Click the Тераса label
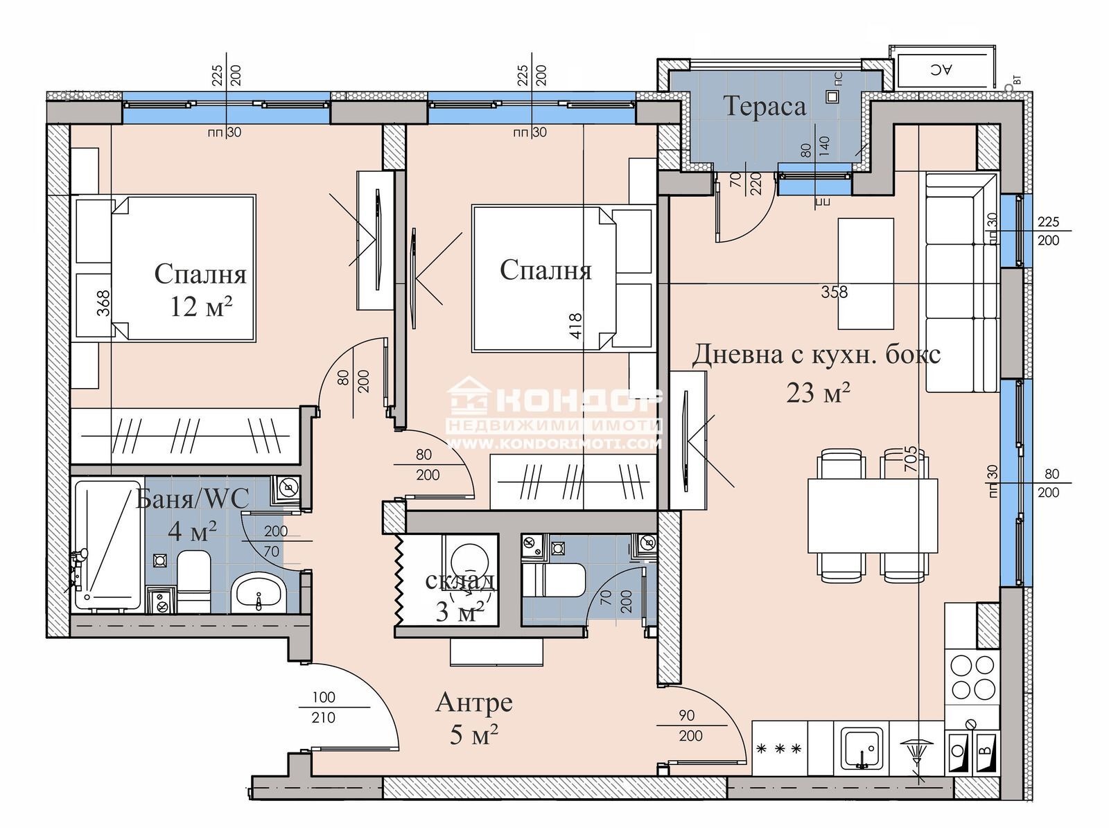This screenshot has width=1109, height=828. point(765,107)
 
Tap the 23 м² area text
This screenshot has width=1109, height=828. point(818,393)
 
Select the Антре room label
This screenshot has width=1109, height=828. point(473,702)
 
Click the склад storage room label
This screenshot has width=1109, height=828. point(460,581)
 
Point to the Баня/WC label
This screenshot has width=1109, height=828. point(192,498)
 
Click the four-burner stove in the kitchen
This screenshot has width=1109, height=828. point(972,677)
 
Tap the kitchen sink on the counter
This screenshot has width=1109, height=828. point(862,748)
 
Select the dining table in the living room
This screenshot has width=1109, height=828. point(872,515)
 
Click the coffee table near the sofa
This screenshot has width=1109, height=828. point(865,273)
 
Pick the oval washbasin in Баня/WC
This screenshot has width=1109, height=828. point(259,592)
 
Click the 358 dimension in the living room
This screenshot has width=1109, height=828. point(834,292)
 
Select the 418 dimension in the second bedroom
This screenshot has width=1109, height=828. point(575,326)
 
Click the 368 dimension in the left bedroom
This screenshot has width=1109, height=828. point(103,303)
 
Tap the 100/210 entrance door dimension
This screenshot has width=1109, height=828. point(324,707)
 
